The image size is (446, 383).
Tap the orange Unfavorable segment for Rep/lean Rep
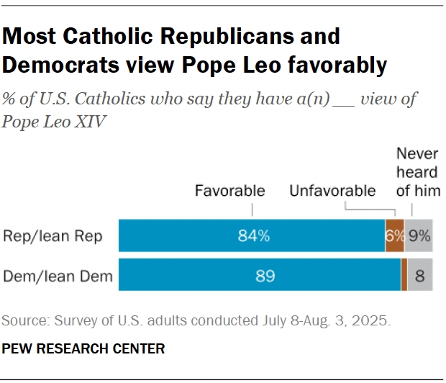(x=394, y=236)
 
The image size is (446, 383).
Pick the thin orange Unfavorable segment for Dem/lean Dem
(x=404, y=274)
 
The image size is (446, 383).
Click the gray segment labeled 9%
(x=419, y=236)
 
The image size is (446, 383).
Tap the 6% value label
(x=394, y=236)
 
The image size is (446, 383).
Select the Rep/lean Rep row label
(x=53, y=236)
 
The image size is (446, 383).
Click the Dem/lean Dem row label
(x=58, y=274)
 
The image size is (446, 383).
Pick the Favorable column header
(x=230, y=191)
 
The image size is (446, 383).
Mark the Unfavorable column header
(x=332, y=191)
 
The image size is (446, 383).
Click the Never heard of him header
(x=417, y=172)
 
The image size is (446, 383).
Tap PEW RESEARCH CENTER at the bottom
(x=83, y=349)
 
